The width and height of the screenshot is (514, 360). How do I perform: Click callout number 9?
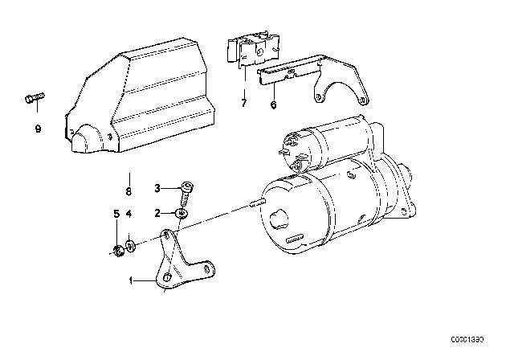(38, 129)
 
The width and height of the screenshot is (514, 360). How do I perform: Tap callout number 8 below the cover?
(128, 191)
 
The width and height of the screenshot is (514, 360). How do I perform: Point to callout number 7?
(243, 103)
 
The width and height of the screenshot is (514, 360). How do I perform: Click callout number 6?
(273, 104)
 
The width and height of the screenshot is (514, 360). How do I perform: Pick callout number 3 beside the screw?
(157, 189)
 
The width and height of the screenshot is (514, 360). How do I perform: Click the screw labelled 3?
(186, 194)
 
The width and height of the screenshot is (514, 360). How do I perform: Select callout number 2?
(157, 213)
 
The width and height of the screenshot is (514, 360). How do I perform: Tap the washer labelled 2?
(182, 214)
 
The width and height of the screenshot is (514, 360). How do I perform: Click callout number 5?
(116, 214)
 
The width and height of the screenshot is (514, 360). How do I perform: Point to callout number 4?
(128, 214)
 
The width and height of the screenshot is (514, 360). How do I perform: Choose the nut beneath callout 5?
(117, 252)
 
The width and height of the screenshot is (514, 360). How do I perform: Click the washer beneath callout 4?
(130, 246)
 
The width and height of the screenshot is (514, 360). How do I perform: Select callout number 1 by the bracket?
(131, 281)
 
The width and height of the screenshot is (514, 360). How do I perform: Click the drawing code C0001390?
(467, 340)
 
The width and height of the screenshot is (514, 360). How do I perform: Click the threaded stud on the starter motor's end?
(258, 203)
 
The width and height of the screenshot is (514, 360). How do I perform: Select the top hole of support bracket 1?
(166, 235)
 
